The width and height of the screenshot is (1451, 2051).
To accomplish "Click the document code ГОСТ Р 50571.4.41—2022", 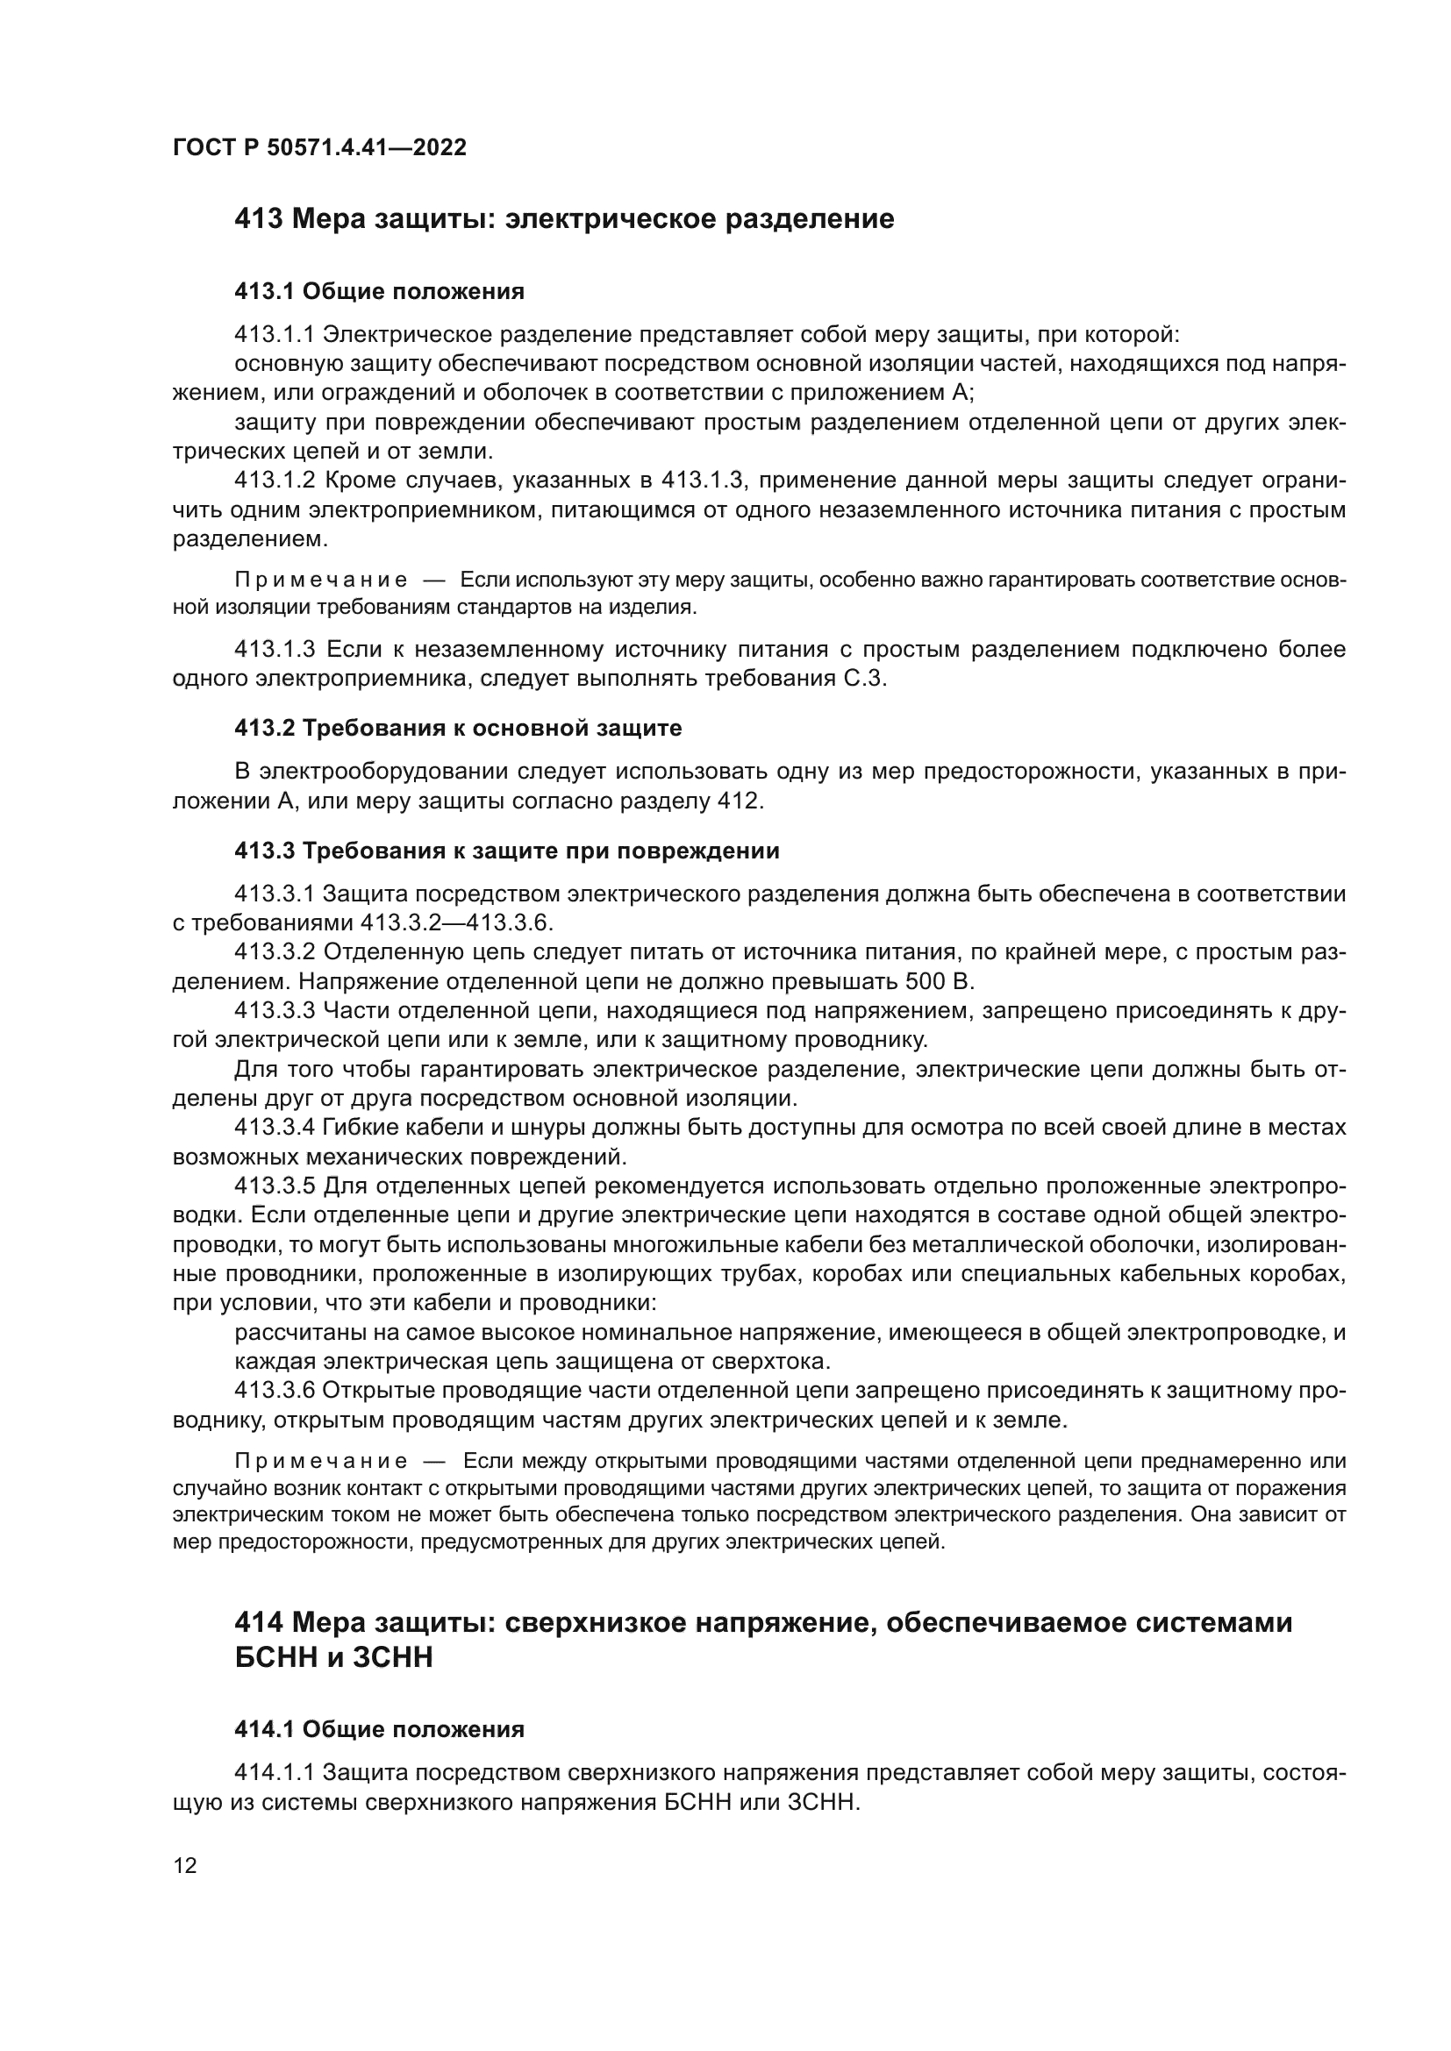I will [319, 147].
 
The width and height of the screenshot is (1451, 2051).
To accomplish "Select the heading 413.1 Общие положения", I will [379, 291].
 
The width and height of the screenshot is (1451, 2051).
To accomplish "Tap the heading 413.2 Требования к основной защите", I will [457, 728].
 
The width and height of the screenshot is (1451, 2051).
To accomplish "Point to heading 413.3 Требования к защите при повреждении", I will [506, 851].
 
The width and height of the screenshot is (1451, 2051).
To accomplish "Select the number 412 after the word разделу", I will [739, 801].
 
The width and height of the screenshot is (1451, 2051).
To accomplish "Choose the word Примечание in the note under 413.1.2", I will [321, 580].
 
